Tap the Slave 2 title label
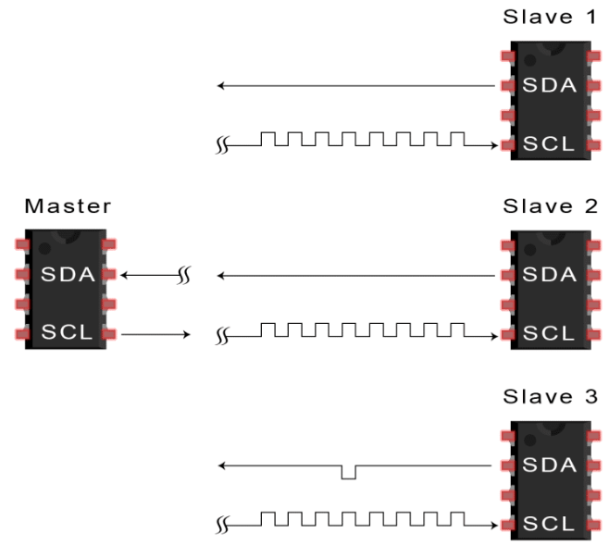point(550,205)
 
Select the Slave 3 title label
point(550,398)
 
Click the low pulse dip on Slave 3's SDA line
point(348,473)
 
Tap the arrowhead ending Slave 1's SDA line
point(220,86)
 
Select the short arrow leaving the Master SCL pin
point(155,333)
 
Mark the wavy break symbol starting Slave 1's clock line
point(222,145)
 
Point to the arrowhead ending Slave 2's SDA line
point(220,275)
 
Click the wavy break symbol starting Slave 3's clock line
point(222,525)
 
